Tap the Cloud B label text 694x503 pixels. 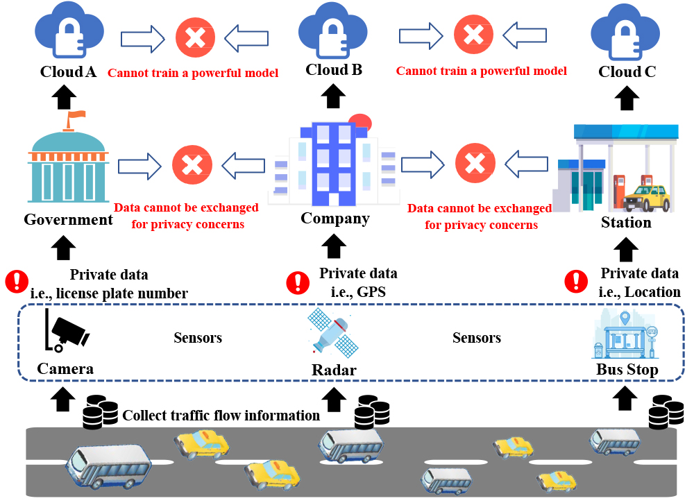(x=334, y=70)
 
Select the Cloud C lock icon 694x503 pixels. (x=627, y=34)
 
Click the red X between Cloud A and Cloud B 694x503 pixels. (x=195, y=36)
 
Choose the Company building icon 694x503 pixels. (x=335, y=164)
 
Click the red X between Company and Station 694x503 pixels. (x=474, y=164)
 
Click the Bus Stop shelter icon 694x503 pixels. (x=627, y=336)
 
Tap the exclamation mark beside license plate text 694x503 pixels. (x=15, y=282)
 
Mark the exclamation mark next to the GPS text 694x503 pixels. (x=298, y=282)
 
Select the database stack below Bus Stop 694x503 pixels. (x=663, y=412)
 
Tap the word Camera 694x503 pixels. (x=65, y=368)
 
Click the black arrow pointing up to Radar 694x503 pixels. (x=335, y=398)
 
